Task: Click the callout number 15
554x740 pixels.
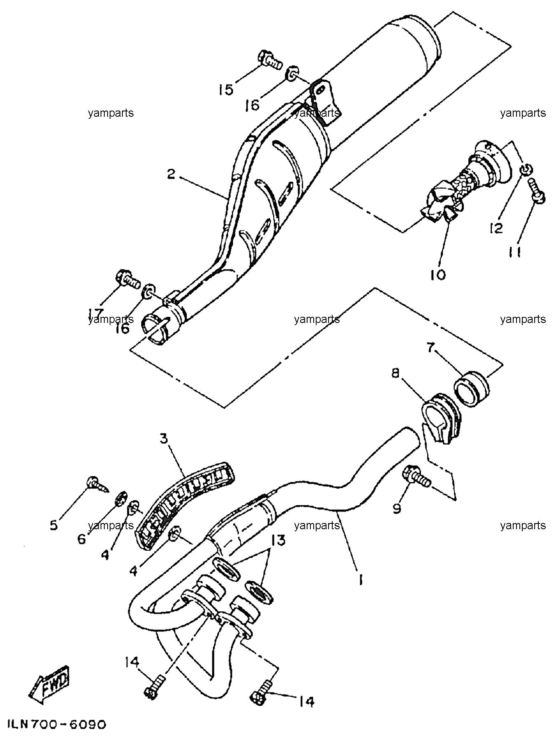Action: tap(226, 89)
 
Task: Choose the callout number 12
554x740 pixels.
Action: tap(496, 228)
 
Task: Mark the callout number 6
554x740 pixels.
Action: tap(82, 538)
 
